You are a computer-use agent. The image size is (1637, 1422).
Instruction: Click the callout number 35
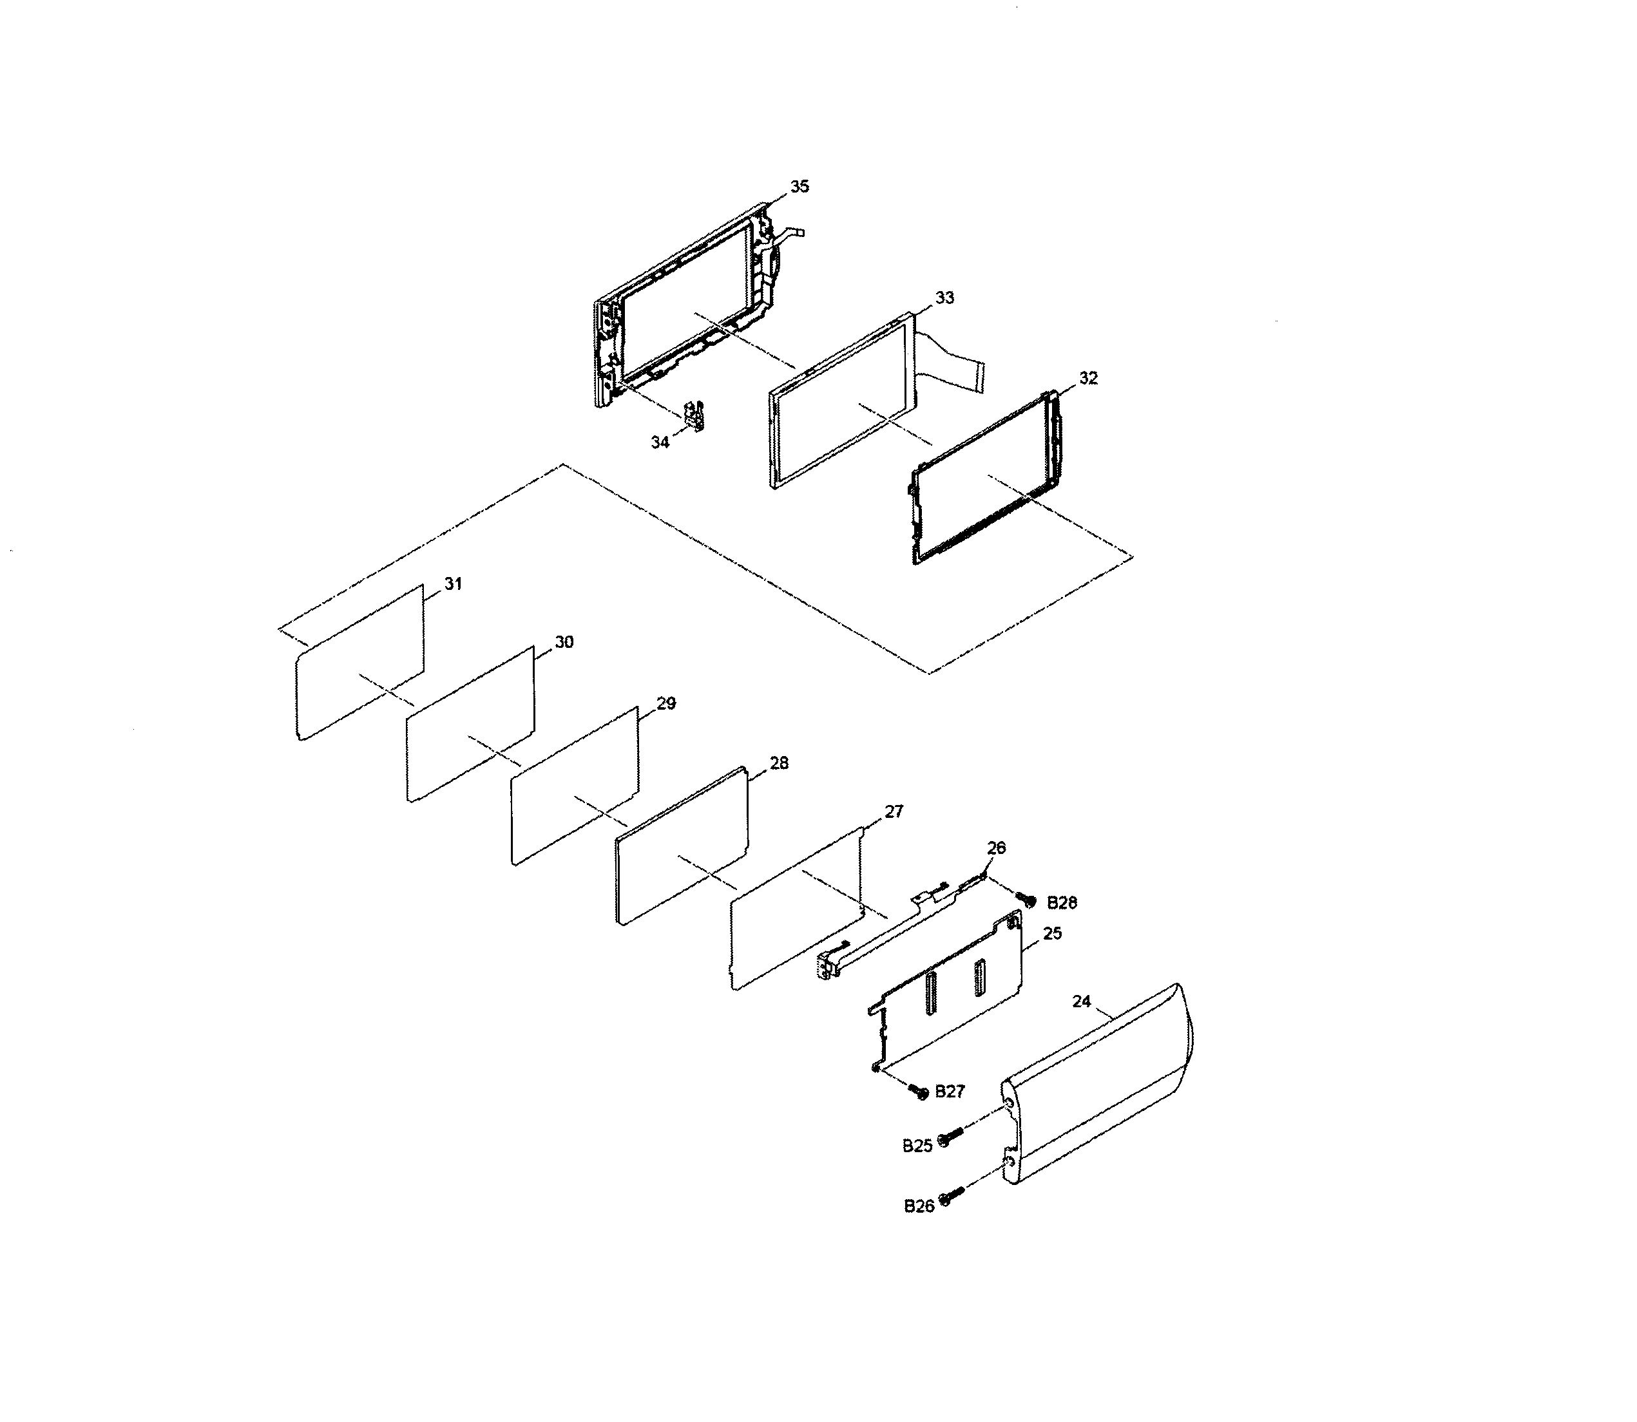click(799, 187)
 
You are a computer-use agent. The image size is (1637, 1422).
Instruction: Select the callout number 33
click(944, 298)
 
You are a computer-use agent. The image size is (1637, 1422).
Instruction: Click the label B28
click(1062, 903)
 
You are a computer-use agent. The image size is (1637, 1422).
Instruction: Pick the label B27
click(950, 1092)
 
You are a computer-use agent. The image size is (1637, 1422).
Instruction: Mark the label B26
click(919, 1206)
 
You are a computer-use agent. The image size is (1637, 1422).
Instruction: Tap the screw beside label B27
click(920, 1094)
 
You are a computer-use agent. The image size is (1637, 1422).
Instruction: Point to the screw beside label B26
click(949, 1197)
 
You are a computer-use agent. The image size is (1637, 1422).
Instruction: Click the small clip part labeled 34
click(694, 416)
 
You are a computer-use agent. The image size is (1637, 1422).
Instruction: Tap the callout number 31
click(452, 584)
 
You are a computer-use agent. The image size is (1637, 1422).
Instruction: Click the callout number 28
click(779, 763)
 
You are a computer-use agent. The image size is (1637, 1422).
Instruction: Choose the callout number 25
click(1052, 934)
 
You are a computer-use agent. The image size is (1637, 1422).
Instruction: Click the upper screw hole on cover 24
click(1008, 1104)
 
